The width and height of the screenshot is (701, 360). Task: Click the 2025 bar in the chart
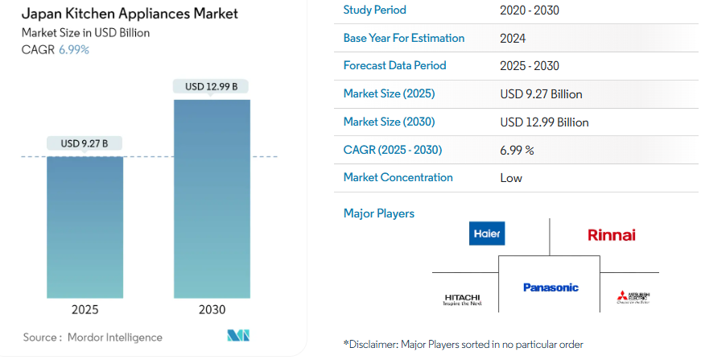(85, 227)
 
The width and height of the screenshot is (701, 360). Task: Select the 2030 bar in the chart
(212, 199)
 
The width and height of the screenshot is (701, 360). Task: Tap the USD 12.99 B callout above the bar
(212, 86)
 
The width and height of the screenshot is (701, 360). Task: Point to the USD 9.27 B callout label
(85, 143)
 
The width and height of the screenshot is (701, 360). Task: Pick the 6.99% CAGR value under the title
(74, 49)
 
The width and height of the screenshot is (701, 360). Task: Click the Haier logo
(487, 234)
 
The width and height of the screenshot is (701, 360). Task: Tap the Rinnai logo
(611, 235)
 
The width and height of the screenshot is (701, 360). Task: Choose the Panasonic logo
(550, 288)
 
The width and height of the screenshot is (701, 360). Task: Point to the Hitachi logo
(463, 300)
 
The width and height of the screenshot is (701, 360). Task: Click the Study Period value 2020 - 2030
(529, 10)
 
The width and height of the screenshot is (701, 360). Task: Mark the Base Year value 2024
(513, 38)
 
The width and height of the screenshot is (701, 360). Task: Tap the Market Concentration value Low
(511, 177)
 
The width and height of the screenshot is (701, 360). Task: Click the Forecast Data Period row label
(394, 65)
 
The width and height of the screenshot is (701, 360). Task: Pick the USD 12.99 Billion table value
(544, 122)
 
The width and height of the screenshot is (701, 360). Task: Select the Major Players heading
(378, 213)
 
